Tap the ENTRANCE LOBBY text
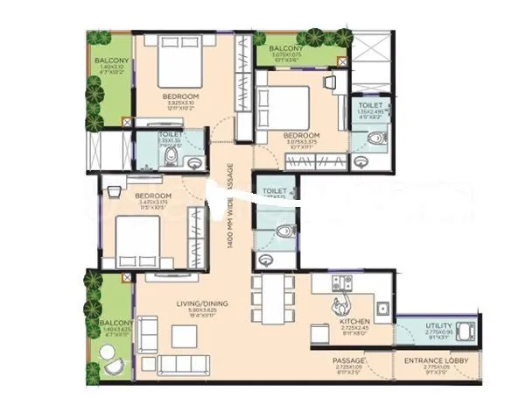click(x=426, y=360)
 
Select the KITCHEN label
click(x=354, y=322)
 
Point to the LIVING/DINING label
click(x=202, y=303)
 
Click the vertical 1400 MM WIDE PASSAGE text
click(x=229, y=206)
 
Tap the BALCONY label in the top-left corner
click(x=111, y=61)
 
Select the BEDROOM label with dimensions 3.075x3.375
click(x=303, y=136)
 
